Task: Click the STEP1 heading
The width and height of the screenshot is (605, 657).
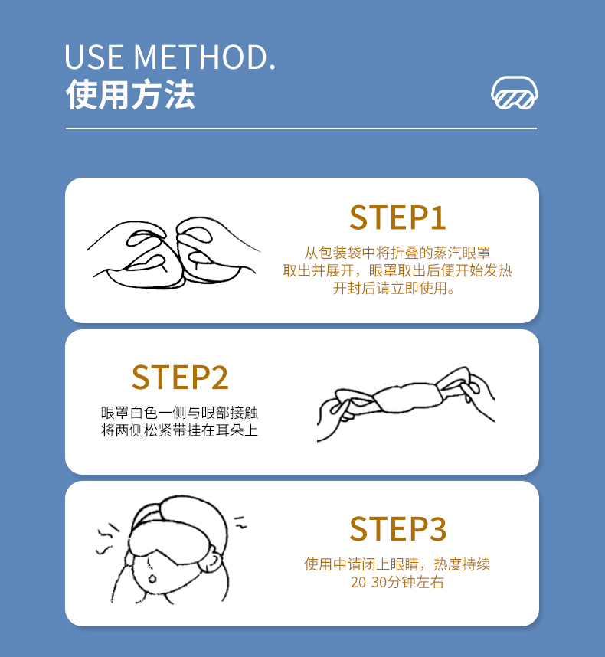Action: [397, 217]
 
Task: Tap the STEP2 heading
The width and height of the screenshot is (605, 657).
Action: [180, 378]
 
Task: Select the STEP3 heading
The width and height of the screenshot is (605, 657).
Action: [397, 529]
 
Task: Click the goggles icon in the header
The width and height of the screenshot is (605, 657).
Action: [515, 93]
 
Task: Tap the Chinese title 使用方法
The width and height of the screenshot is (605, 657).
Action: [130, 95]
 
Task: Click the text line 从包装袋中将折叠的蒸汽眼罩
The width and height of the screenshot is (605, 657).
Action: [397, 253]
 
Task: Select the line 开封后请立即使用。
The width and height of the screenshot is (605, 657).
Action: [397, 289]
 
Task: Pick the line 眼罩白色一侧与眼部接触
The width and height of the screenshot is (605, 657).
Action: [180, 412]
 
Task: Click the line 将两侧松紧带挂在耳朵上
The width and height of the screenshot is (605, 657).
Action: [180, 430]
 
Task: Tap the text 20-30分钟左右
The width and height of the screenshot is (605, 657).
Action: [397, 583]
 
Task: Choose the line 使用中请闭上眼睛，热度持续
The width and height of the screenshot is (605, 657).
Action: [397, 564]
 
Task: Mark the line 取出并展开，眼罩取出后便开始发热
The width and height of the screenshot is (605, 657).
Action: [397, 271]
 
